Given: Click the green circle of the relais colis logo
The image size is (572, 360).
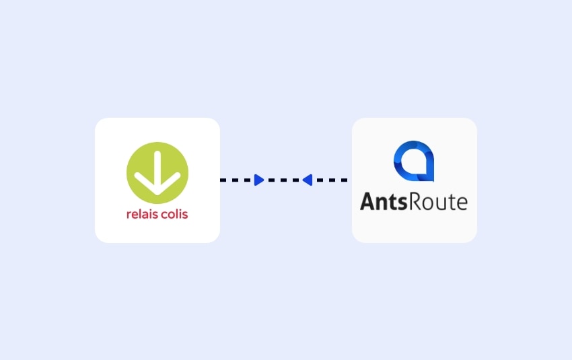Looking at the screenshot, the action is click(x=157, y=173).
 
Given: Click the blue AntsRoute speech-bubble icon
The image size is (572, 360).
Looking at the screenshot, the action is click(x=414, y=161).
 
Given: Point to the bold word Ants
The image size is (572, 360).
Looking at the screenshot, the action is click(x=384, y=201).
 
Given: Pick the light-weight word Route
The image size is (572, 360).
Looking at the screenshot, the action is click(x=438, y=201).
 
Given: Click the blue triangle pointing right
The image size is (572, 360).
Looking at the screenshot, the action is click(x=259, y=180).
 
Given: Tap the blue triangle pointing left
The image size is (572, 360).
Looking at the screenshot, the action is click(x=307, y=180).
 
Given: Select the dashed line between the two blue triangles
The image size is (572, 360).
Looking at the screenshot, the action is click(x=283, y=180).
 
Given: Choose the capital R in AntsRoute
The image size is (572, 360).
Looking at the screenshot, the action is click(x=415, y=201).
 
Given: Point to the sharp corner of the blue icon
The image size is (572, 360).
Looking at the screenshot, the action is click(x=433, y=180).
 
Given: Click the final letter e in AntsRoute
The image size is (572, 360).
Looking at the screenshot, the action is click(x=462, y=203).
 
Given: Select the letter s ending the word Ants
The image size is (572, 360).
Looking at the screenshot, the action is click(x=402, y=203).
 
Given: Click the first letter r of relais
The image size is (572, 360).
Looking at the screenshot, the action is click(x=129, y=215).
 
